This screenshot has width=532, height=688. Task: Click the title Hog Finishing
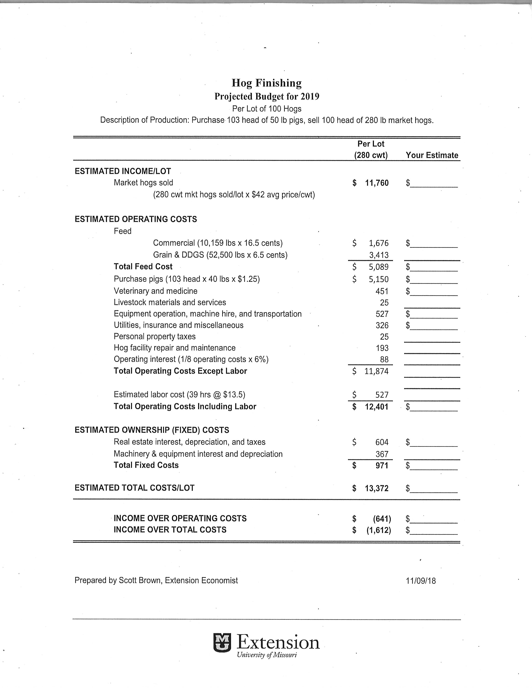point(267,83)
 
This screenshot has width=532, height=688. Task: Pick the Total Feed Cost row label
point(143,266)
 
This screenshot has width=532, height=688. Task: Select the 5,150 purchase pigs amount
point(379,279)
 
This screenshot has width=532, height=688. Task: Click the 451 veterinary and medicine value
point(382,291)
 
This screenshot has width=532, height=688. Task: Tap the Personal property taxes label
point(155,336)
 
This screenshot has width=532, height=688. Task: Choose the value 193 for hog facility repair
point(382,348)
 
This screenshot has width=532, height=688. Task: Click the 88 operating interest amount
point(384,359)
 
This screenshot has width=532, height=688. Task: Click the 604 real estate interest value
point(382,442)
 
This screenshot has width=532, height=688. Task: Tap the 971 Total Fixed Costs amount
point(382,465)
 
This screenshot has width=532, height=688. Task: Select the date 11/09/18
point(421,581)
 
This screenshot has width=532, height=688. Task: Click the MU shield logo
point(222,643)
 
